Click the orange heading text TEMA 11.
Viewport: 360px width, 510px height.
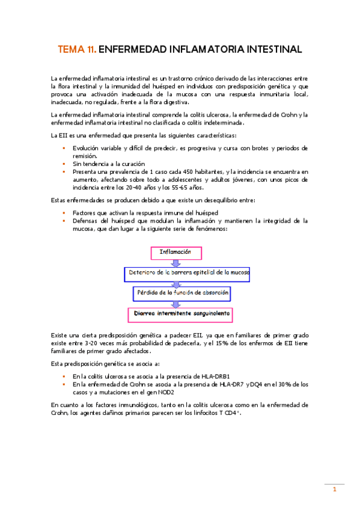(x=76, y=50)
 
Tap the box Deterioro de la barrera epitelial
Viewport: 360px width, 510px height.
(x=188, y=272)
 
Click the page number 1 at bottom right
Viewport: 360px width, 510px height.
(x=334, y=490)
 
